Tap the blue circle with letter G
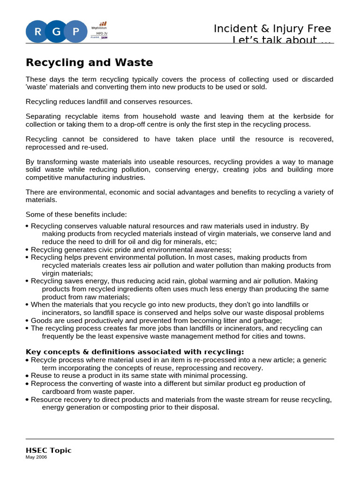[57, 32]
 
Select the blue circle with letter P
[76, 32]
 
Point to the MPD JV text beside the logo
[101, 34]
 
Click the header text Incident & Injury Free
[272, 29]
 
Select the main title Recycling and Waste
[89, 62]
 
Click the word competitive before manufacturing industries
[45, 177]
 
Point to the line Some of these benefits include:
[76, 214]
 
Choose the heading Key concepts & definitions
[135, 352]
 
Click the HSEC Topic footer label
[49, 450]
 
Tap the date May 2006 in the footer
[37, 457]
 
